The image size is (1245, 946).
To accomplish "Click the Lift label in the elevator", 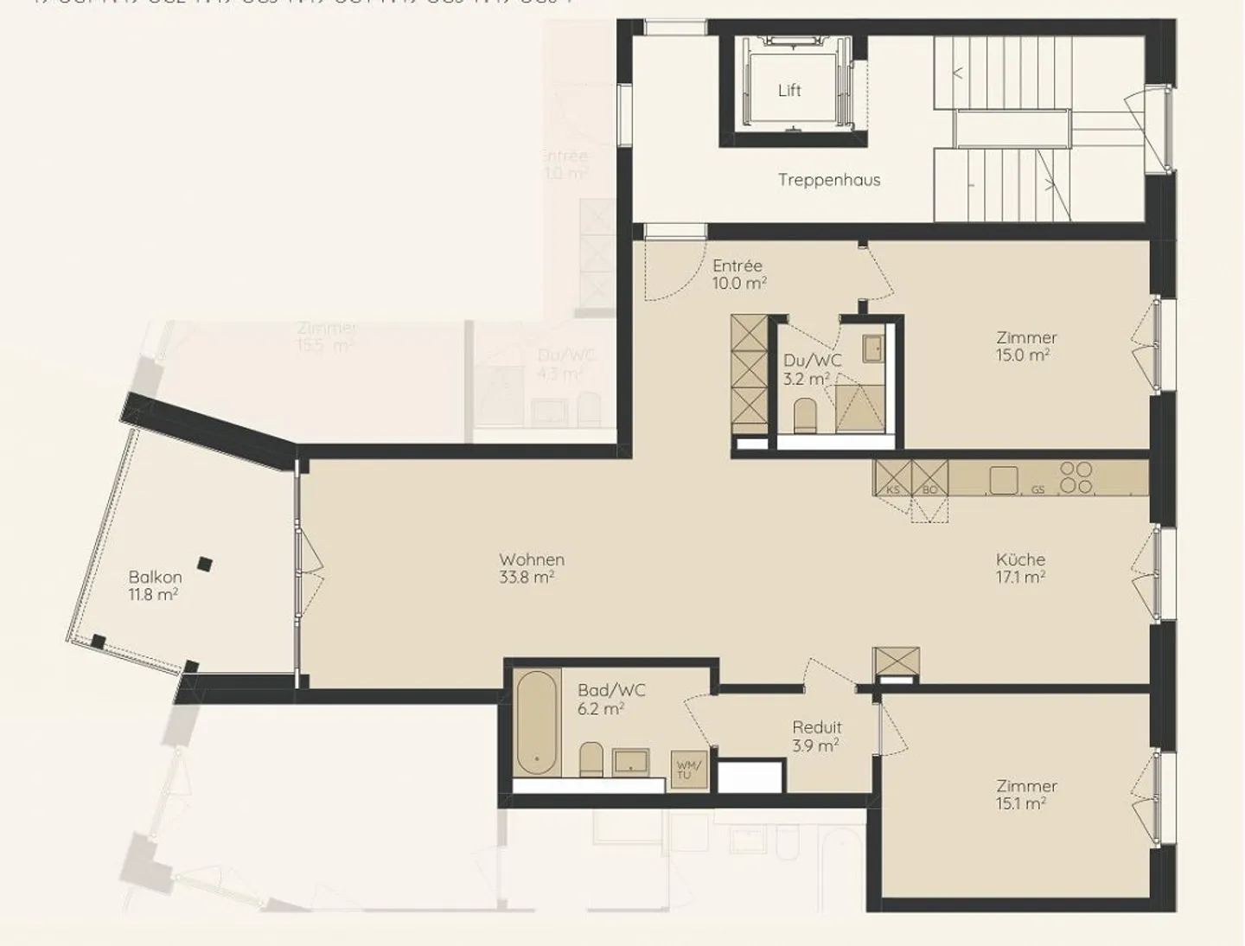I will [788, 90].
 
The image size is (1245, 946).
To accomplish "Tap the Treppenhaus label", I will [828, 180].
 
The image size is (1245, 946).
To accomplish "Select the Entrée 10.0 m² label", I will [738, 274].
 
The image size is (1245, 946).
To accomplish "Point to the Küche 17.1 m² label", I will [1020, 568].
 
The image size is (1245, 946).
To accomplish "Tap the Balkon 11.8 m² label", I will [155, 585].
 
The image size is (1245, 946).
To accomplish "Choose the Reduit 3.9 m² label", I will [816, 736].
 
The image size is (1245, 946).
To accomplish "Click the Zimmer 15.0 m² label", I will [1025, 346].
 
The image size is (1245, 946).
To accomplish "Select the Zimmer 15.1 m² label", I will [1025, 794].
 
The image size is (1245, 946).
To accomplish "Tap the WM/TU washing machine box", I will [689, 770].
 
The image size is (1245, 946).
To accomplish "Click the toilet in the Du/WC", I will [805, 415].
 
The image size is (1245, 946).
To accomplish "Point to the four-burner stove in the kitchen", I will [1076, 478].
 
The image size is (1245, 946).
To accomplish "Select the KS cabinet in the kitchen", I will [892, 477].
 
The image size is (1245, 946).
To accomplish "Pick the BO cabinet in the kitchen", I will [930, 477].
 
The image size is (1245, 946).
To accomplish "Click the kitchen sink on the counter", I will [1004, 479].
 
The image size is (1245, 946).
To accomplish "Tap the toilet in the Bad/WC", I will [591, 758].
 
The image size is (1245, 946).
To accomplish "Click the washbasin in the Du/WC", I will [872, 348].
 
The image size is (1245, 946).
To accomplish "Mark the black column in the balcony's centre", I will [204, 564].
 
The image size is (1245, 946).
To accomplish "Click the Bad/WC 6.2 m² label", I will [611, 699].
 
